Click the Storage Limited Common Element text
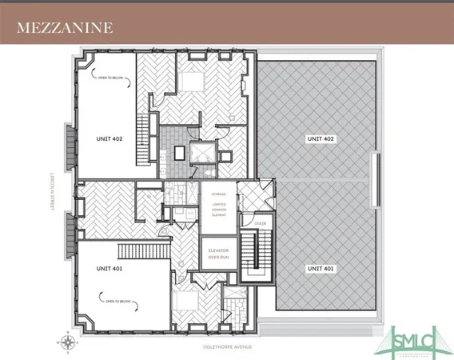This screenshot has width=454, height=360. tap(216, 205)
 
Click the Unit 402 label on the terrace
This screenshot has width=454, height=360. tap(317, 138)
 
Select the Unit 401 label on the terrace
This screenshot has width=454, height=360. tap(317, 269)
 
